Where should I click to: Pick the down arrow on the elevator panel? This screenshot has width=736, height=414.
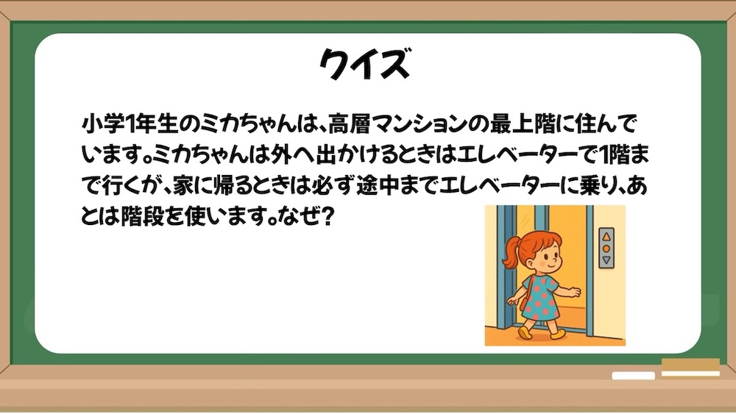[606, 260]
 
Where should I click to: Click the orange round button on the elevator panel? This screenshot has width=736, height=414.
[606, 249]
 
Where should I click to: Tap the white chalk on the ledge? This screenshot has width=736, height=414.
[633, 376]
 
